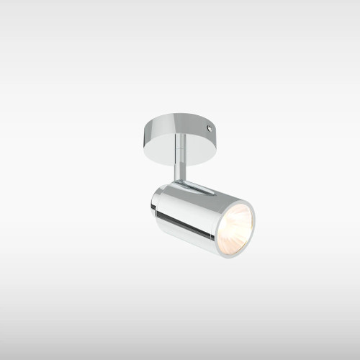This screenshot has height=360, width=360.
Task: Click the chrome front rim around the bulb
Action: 252,216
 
